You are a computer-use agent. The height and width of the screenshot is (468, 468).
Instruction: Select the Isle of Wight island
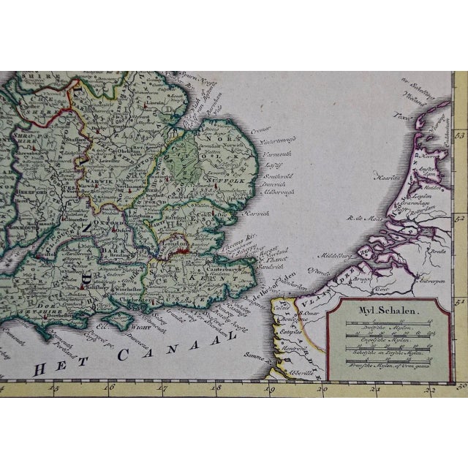[116, 319]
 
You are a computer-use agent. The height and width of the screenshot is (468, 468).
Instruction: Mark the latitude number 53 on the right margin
[460, 135]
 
